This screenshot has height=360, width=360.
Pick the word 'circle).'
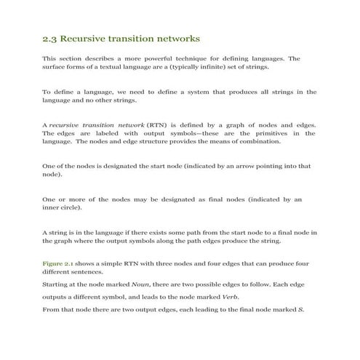click(71, 208)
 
